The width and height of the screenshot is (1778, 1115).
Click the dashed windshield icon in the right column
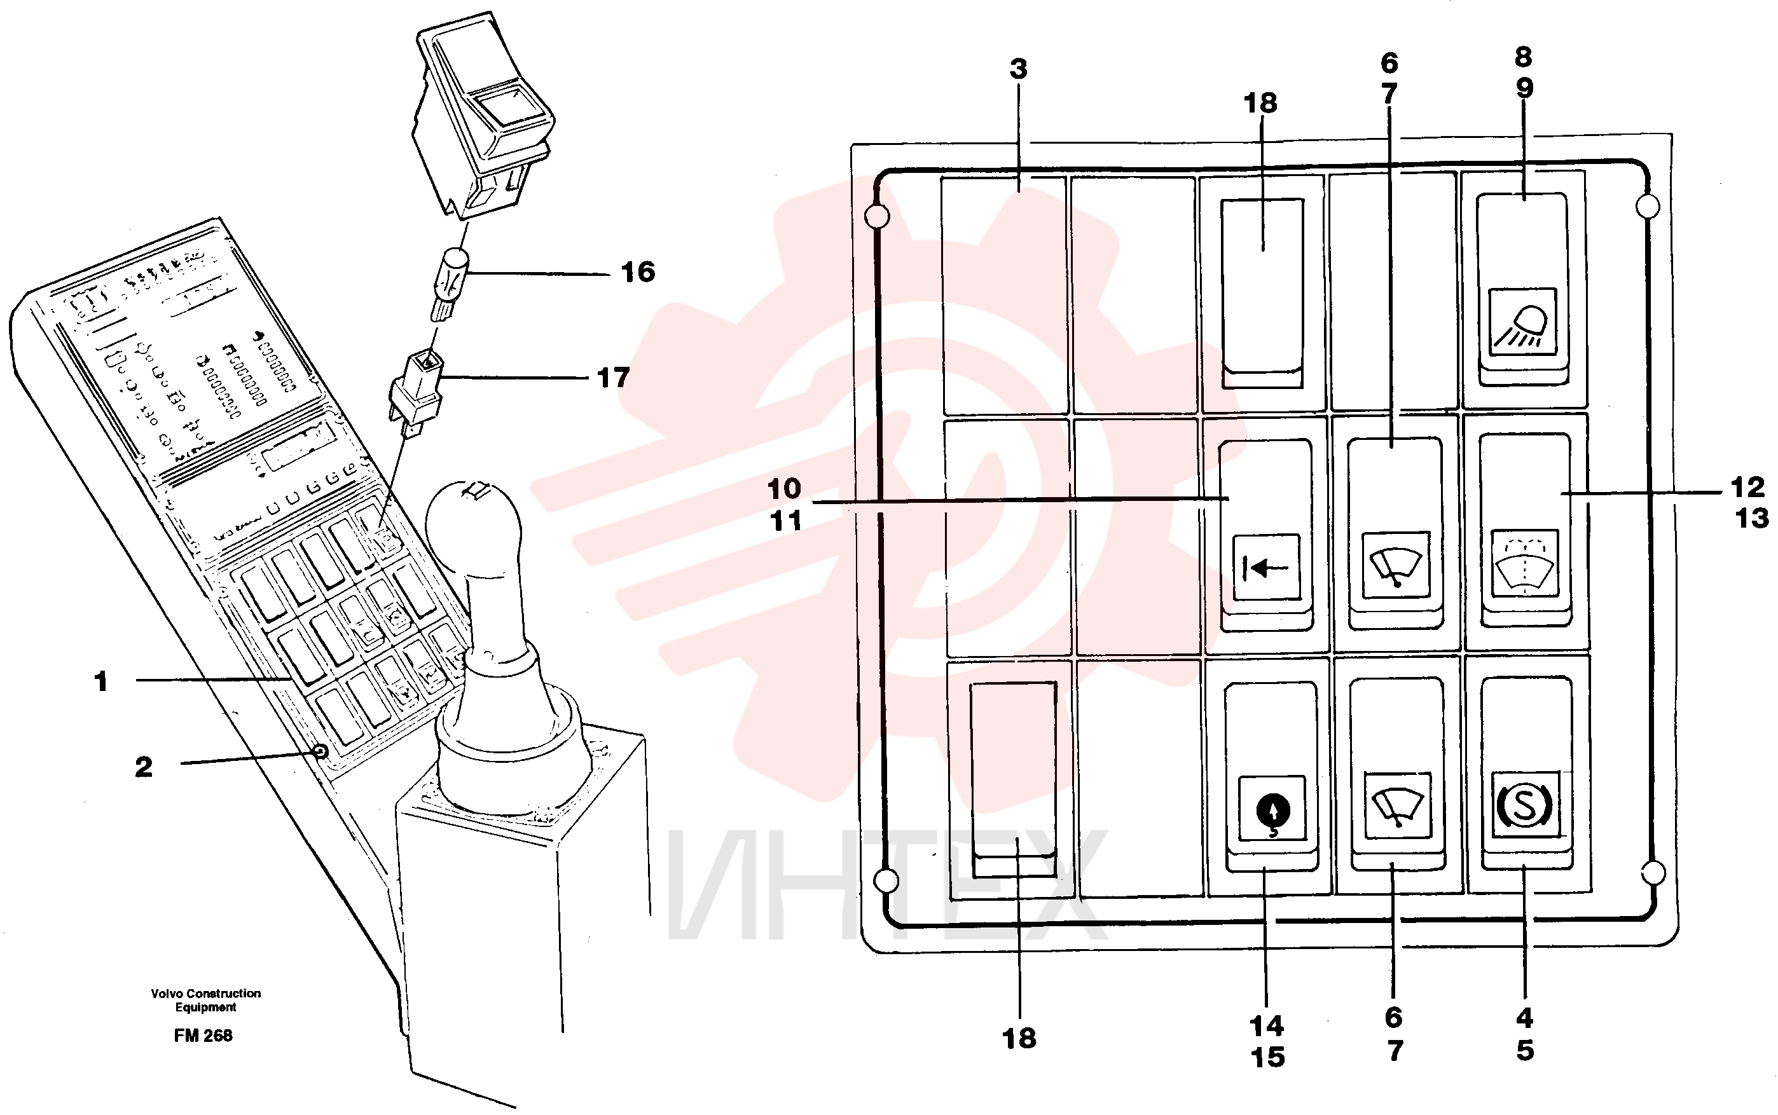tap(1524, 561)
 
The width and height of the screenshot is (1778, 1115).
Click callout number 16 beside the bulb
tap(637, 272)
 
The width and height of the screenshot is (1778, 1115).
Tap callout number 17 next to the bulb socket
tap(613, 378)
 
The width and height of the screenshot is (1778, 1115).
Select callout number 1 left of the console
tap(101, 681)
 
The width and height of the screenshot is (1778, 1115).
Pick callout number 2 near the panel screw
tap(144, 767)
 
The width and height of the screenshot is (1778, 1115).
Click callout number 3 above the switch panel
tap(1019, 69)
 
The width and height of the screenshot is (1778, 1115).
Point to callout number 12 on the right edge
tap(1747, 488)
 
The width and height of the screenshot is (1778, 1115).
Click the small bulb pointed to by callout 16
tap(450, 284)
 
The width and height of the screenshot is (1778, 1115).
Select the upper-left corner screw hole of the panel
tap(877, 216)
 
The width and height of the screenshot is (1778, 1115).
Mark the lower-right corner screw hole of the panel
tap(1654, 873)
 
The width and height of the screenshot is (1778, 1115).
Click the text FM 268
tap(203, 1036)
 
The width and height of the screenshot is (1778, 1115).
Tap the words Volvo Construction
tap(206, 994)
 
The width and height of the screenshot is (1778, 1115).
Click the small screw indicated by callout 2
tap(320, 751)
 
